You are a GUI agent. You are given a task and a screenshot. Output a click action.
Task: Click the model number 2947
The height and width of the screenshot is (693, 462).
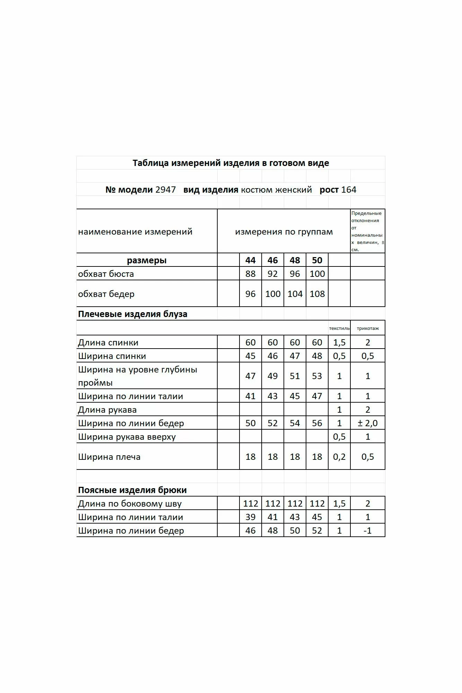[166, 190]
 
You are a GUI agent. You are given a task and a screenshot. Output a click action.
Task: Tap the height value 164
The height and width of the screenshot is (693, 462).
[349, 190]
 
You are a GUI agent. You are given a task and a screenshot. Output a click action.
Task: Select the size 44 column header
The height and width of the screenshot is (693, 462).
[250, 260]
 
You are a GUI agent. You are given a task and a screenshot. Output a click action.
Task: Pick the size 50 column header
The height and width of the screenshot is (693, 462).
[317, 260]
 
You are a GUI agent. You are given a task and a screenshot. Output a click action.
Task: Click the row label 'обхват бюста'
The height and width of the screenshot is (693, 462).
[106, 274]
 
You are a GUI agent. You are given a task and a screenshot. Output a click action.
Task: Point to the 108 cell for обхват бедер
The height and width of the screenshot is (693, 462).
[317, 294]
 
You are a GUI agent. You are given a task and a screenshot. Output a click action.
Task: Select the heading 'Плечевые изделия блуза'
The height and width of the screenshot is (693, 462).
[132, 314]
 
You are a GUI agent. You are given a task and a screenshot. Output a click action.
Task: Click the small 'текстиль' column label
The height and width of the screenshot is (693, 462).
[339, 328]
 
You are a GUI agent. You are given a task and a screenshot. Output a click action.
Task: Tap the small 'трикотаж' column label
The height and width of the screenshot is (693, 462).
[368, 328]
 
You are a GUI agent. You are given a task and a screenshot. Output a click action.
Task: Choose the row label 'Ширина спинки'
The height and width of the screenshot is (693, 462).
[112, 356]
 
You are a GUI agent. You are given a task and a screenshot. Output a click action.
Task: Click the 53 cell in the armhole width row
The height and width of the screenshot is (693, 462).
[317, 376]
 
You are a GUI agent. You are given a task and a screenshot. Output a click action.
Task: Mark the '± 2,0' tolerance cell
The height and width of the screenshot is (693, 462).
[367, 423]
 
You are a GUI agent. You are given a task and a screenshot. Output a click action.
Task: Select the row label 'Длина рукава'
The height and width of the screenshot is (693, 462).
[107, 410]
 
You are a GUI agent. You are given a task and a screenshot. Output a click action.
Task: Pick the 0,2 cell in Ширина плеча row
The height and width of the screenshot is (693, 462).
[339, 457]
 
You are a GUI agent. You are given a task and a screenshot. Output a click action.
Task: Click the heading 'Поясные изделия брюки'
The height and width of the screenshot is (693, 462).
[132, 490]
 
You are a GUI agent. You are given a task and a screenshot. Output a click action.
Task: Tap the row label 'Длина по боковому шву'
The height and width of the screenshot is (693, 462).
[130, 503]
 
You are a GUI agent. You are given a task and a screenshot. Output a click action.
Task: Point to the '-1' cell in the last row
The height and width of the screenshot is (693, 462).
[367, 530]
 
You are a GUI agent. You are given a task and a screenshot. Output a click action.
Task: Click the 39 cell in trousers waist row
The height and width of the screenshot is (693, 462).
[250, 517]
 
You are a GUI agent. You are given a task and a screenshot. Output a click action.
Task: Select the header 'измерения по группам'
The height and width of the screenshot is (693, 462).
[284, 232]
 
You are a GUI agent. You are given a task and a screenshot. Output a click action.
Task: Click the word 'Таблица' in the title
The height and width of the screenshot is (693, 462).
[150, 163]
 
